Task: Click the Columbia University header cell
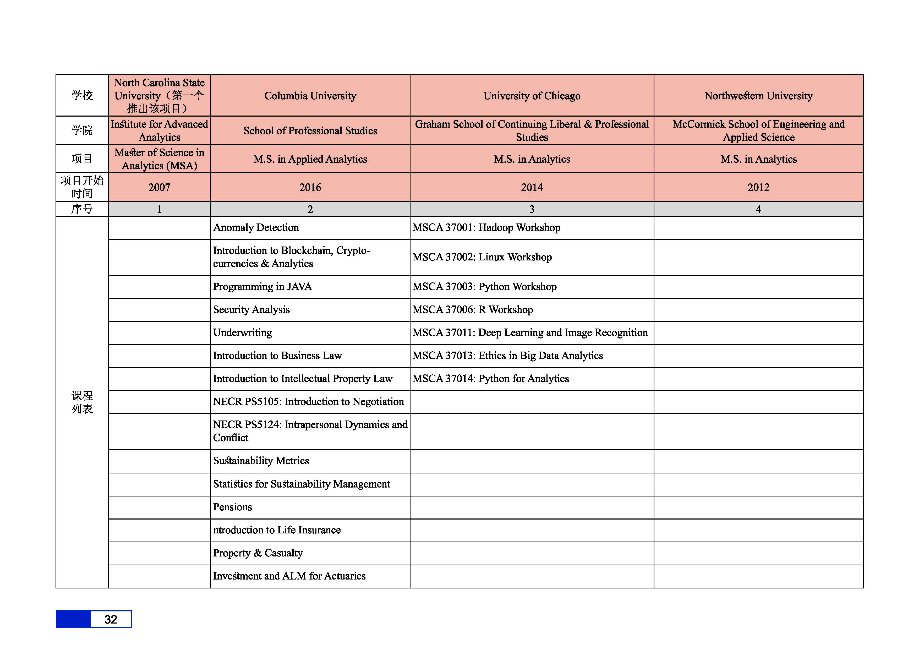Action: (x=310, y=96)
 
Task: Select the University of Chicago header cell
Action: (x=532, y=96)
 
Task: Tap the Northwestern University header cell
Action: (x=758, y=96)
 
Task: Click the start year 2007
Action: (x=159, y=187)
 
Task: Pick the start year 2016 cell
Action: (x=310, y=187)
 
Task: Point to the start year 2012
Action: (x=758, y=187)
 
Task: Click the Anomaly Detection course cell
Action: (x=256, y=228)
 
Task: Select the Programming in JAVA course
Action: (x=262, y=287)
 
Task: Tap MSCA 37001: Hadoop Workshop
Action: (x=486, y=228)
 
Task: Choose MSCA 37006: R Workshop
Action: (x=472, y=310)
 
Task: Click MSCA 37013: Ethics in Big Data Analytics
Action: (x=507, y=356)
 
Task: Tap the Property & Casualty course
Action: (x=258, y=553)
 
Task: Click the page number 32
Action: (x=111, y=620)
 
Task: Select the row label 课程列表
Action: (x=82, y=402)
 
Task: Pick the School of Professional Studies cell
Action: (x=310, y=130)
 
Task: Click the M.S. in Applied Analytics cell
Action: (x=310, y=159)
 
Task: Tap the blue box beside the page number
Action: (x=73, y=619)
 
